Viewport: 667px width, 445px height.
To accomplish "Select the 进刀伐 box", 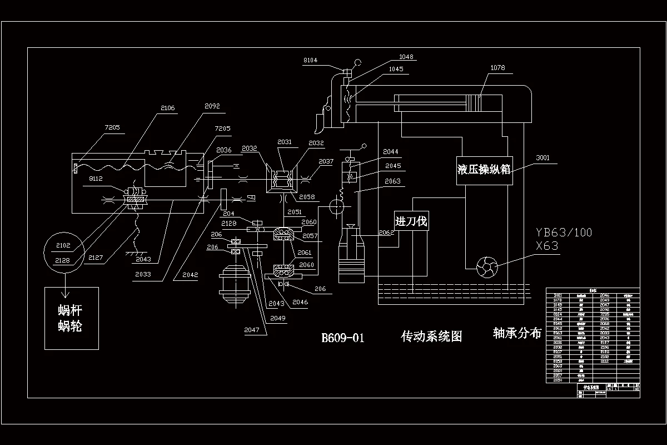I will pos(411,221).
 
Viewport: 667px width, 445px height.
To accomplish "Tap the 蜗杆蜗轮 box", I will pos(71,318).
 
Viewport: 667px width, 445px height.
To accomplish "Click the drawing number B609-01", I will pos(343,338).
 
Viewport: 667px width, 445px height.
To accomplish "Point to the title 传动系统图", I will pos(431,337).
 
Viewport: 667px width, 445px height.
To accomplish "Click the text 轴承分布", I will pos(517,333).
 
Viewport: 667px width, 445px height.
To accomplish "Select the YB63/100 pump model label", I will pos(564,233).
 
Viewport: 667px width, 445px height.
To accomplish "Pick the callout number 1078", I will pos(497,68).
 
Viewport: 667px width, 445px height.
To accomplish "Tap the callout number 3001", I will pos(542,157).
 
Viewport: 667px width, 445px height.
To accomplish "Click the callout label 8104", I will pos(310,60).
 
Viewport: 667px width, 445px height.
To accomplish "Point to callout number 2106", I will pos(167,108).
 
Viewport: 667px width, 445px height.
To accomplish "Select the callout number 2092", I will pos(212,105).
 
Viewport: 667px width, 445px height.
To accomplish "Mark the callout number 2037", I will pos(326,161).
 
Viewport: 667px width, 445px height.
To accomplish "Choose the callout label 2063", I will pos(392,181).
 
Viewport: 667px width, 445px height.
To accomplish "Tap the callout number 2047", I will pos(251,329).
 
